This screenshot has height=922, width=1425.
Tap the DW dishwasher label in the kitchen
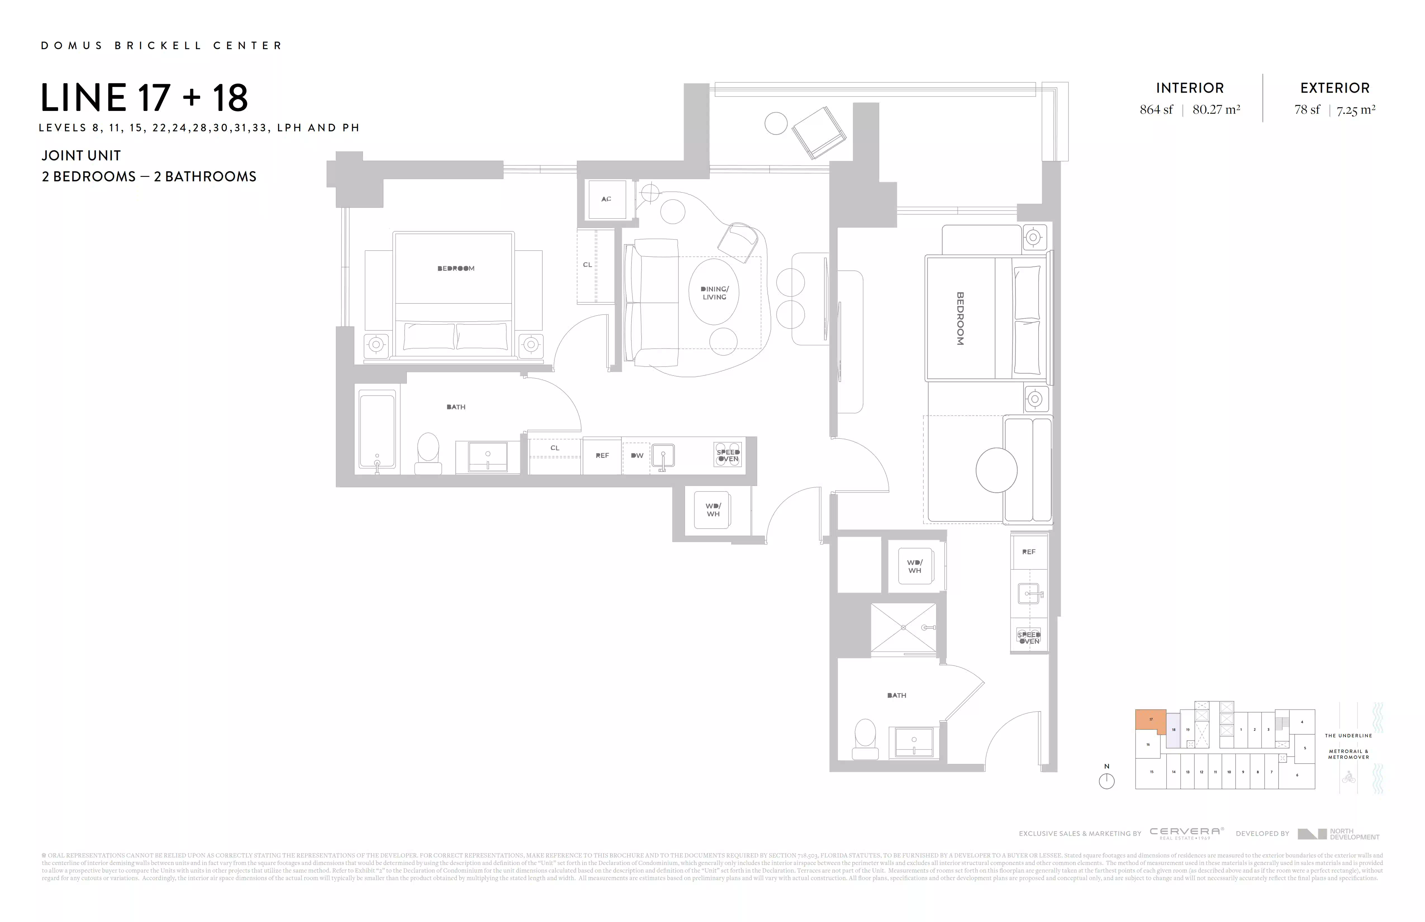click(x=637, y=456)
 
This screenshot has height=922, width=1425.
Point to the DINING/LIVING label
click(x=714, y=293)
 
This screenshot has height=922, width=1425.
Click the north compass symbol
click(x=1106, y=781)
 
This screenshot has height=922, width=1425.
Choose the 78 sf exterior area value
click(x=1307, y=110)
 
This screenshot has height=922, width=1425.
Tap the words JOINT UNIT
click(x=81, y=156)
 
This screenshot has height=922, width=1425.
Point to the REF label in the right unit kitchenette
click(x=1029, y=552)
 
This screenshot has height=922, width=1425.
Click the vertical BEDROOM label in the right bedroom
click(x=960, y=319)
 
